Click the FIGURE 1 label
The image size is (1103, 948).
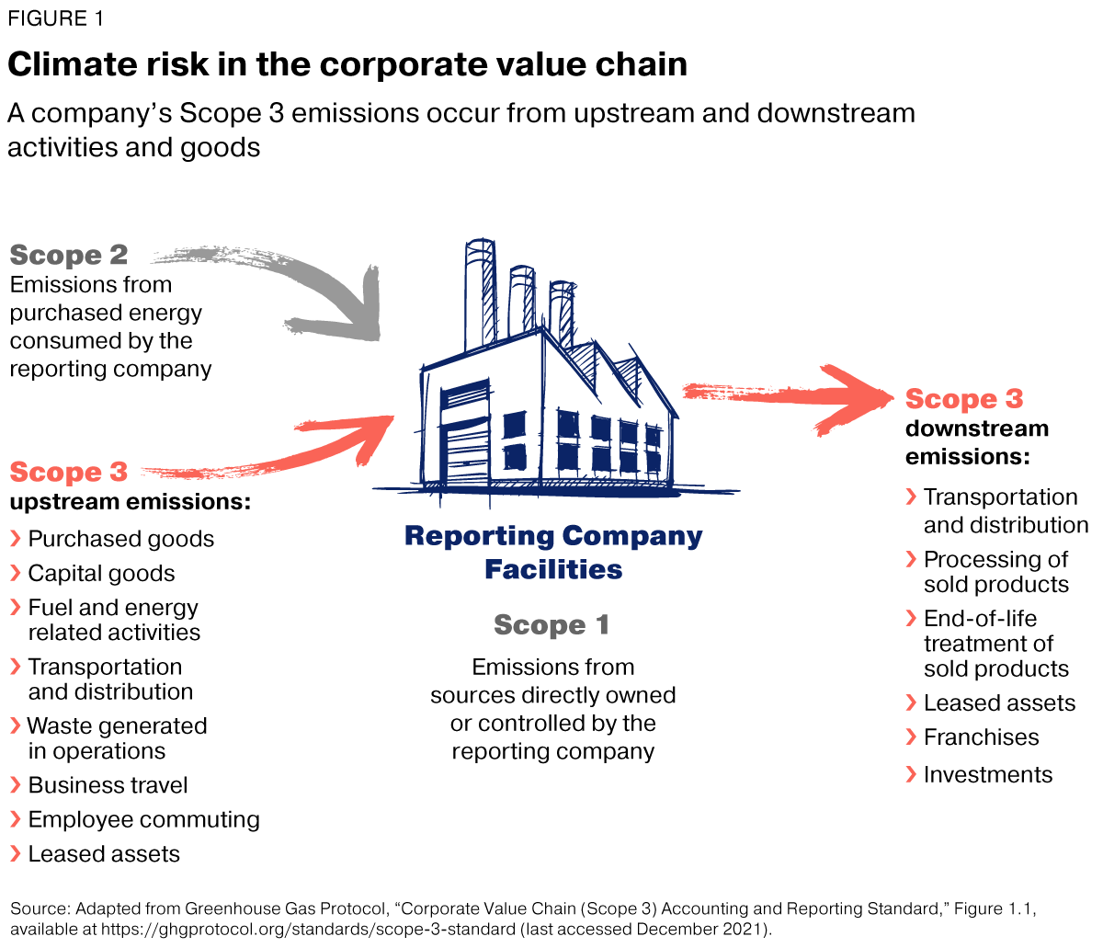click(55, 19)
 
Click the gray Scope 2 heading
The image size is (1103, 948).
click(69, 255)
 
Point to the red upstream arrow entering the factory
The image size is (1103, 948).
click(303, 451)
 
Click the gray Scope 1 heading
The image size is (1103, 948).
click(551, 625)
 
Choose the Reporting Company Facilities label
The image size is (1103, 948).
click(553, 552)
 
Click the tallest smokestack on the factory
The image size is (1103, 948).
click(479, 294)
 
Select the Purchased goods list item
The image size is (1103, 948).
click(120, 539)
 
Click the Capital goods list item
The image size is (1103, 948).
click(101, 574)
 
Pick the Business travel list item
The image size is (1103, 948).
click(108, 785)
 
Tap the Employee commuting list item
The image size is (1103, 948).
click(143, 819)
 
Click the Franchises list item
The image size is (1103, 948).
click(981, 737)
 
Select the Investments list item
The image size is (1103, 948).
click(987, 775)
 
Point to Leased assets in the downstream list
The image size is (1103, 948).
click(999, 703)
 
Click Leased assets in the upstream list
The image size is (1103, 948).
click(104, 854)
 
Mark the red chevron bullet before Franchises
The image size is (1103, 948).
click(911, 737)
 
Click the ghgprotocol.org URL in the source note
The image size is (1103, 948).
click(309, 929)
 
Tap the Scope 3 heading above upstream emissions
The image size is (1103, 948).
click(69, 473)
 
